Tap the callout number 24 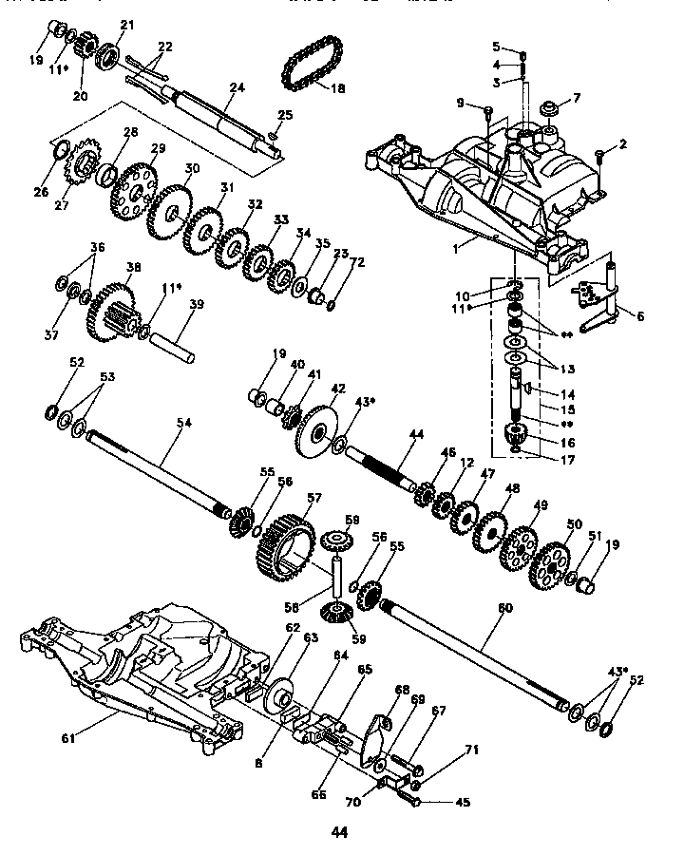pyautogui.click(x=237, y=87)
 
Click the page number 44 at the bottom pyautogui.click(x=340, y=833)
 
